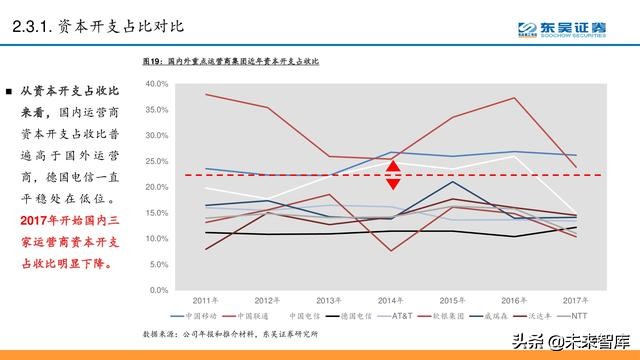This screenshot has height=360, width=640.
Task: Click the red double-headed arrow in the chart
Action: tap(394, 175)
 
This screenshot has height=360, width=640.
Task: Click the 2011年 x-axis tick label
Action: tap(207, 299)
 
